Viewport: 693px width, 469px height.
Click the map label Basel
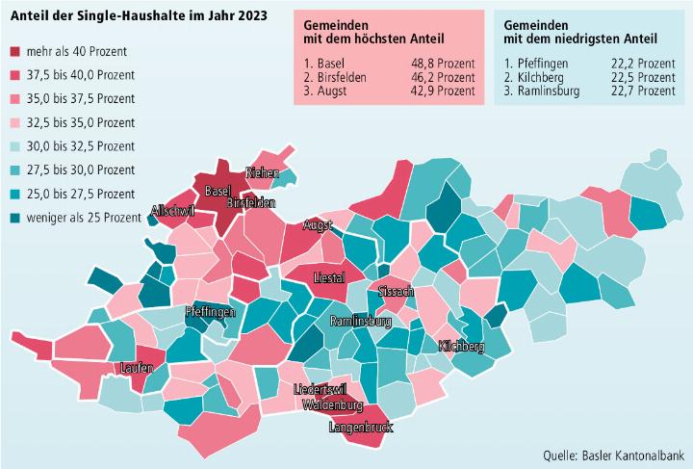click(x=218, y=190)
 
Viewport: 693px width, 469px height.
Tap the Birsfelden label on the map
click(x=251, y=203)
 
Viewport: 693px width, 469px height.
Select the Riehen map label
click(x=262, y=173)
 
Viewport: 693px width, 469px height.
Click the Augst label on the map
click(x=317, y=225)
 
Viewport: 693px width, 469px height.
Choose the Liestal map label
click(x=330, y=277)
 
